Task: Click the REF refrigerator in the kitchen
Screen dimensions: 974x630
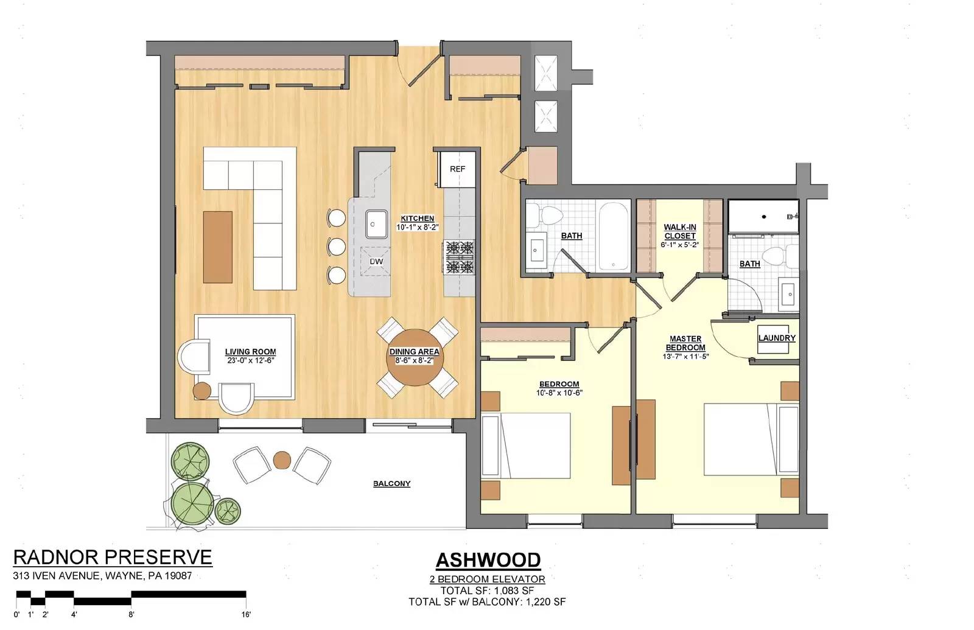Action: (457, 169)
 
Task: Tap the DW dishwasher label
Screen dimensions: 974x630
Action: (376, 262)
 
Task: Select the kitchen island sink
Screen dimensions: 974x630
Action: (376, 224)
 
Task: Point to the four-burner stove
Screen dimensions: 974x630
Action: (458, 257)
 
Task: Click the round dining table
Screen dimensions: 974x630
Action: (415, 357)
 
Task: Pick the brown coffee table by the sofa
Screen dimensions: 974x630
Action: (217, 247)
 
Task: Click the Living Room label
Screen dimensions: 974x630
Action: (250, 352)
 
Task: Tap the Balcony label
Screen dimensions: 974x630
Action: (392, 483)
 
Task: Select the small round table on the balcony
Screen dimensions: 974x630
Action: (282, 460)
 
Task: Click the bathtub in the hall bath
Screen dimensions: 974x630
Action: (614, 236)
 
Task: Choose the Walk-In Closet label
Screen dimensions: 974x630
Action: (679, 231)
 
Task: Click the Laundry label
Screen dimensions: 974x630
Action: (777, 338)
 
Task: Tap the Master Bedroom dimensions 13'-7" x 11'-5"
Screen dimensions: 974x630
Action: (685, 357)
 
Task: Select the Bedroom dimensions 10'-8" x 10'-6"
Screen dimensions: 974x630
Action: (559, 393)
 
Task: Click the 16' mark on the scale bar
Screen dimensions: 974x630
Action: (246, 614)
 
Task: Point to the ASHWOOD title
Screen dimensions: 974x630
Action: (488, 560)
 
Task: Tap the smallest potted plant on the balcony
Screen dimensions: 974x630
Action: (228, 511)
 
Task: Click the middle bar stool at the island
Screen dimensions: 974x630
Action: (336, 247)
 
